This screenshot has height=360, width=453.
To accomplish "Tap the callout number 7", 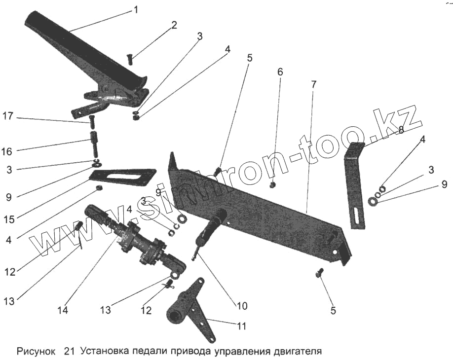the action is point(313,84).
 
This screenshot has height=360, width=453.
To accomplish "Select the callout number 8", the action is point(401,130).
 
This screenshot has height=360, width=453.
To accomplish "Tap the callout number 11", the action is point(242,326).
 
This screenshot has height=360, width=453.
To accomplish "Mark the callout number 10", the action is point(242,306).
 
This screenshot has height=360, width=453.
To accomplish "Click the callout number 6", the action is point(280,72).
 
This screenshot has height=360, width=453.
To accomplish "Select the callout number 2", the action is point(174,25).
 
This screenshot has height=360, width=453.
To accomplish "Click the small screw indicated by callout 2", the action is point(131,59).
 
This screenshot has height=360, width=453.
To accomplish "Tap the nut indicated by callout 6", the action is point(272,185).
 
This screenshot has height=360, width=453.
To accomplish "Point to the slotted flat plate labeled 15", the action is point(122,177).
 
